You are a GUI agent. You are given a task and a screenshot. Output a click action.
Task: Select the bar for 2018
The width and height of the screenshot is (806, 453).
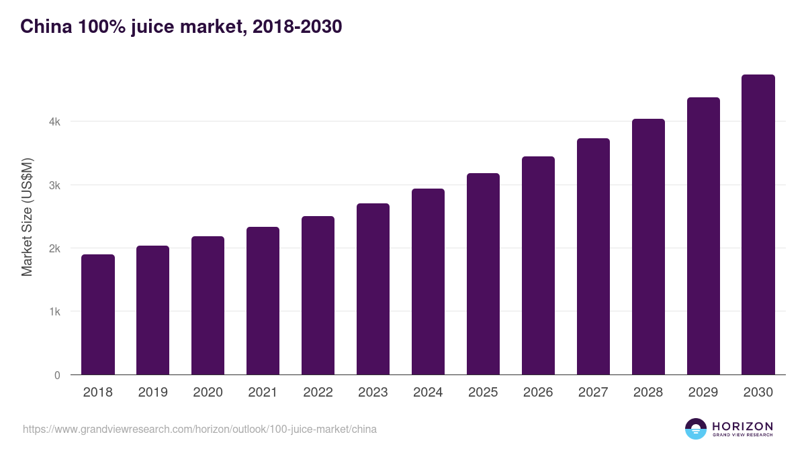click(x=98, y=315)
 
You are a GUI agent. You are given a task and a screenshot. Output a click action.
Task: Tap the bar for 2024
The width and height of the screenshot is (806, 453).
click(x=428, y=282)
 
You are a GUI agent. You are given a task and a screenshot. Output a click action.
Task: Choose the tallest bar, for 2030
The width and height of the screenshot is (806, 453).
click(x=758, y=225)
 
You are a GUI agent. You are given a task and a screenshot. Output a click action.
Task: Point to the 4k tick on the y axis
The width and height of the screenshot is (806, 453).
click(x=54, y=122)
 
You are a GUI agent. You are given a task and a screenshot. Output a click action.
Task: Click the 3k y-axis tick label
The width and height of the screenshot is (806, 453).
click(x=54, y=185)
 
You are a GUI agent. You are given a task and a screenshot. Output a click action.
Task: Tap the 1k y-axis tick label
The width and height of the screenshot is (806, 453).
click(x=54, y=312)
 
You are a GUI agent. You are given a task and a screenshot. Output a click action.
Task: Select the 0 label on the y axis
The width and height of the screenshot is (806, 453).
click(x=57, y=375)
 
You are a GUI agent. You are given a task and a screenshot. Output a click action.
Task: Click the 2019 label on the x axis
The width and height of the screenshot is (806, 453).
click(x=153, y=393)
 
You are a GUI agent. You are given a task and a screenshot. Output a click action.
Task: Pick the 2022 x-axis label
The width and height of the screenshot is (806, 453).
click(x=318, y=393)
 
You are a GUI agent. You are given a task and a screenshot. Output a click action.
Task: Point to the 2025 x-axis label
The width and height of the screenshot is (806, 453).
click(x=483, y=393)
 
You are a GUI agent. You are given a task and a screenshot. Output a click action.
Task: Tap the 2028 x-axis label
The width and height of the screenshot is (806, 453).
click(x=648, y=393)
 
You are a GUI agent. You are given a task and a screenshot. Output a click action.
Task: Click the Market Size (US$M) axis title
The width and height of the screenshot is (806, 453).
click(x=27, y=217)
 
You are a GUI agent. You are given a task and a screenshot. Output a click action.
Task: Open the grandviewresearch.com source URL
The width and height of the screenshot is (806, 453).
click(x=199, y=429)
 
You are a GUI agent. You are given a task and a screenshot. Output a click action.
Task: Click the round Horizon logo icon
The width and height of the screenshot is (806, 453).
click(x=696, y=429)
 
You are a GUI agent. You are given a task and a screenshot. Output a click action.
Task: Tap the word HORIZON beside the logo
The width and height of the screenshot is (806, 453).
click(x=742, y=426)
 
